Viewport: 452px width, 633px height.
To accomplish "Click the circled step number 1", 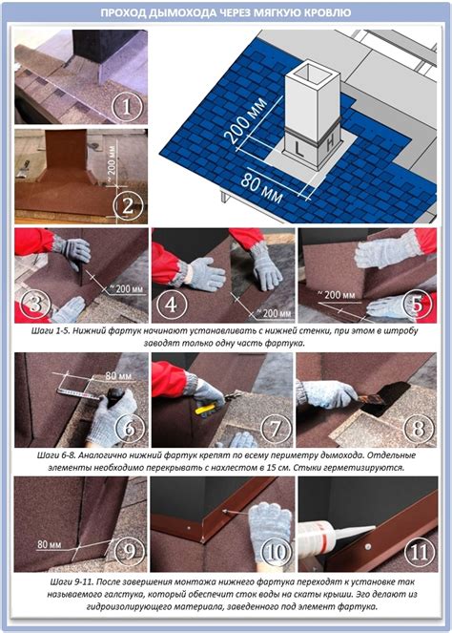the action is pyautogui.click(x=127, y=107).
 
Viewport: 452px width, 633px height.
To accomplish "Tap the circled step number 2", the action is pyautogui.click(x=128, y=206).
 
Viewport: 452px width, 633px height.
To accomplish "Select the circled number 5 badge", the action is pyautogui.click(x=418, y=304).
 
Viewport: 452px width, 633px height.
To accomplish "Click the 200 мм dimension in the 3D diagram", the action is pyautogui.click(x=247, y=120).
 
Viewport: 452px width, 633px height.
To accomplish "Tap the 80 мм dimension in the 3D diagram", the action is pyautogui.click(x=262, y=188).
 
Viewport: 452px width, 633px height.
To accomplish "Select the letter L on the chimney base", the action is pyautogui.click(x=298, y=149).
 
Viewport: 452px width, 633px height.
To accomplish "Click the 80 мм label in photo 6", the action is pyautogui.click(x=118, y=376).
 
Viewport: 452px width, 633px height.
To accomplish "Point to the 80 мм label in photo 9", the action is pyautogui.click(x=50, y=544).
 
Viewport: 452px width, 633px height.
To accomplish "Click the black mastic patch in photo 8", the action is pyautogui.click(x=385, y=400).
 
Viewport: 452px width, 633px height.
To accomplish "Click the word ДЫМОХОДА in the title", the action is pyautogui.click(x=183, y=13).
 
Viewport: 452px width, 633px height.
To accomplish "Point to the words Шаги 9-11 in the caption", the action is pyautogui.click(x=72, y=582).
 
